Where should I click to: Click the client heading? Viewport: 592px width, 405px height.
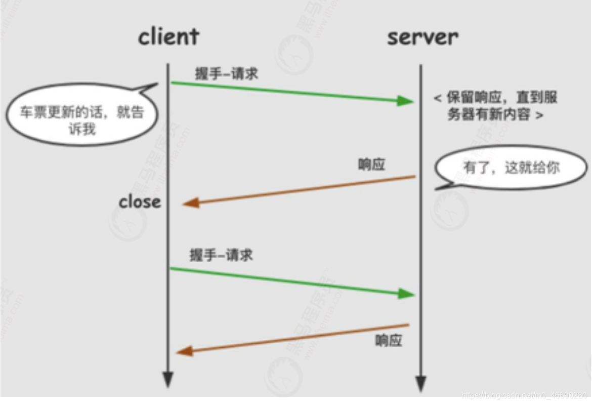(168, 36)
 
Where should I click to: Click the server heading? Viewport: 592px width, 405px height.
(422, 36)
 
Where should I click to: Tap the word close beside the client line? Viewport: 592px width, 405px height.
(140, 201)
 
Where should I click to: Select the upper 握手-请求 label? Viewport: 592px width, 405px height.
(226, 73)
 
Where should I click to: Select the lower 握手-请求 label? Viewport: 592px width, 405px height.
(221, 255)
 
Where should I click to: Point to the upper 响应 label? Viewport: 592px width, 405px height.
(371, 165)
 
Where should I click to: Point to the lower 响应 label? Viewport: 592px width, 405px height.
(389, 340)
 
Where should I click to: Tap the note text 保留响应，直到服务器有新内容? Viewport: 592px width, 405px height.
(495, 106)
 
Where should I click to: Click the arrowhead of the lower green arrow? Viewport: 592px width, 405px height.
(406, 294)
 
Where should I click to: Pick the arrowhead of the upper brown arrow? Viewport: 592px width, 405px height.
(191, 203)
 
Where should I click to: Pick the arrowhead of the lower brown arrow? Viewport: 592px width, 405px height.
(184, 351)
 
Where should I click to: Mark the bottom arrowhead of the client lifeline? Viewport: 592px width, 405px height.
(168, 380)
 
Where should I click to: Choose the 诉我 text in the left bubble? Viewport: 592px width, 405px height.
(82, 129)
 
